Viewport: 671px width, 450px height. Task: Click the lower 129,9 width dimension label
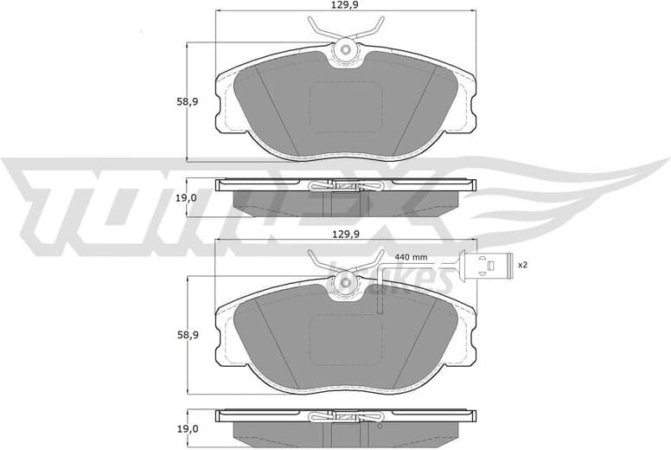344,235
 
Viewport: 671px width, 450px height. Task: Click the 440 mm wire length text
411,257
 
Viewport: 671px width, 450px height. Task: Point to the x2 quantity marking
522,265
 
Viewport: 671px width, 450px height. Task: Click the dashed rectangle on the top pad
345,106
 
